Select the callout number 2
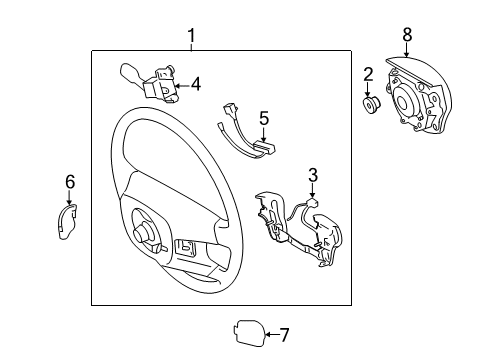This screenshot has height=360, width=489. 368,73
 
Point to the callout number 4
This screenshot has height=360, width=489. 196,85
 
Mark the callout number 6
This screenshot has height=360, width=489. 70,182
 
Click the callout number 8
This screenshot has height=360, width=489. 407,35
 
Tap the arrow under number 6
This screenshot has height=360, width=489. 70,200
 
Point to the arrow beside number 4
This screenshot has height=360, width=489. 180,86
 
